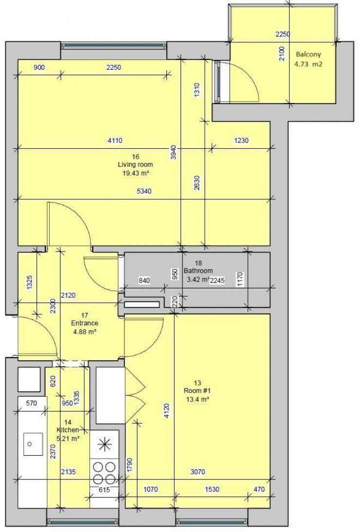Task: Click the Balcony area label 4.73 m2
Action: coord(308,63)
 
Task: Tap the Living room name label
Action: coord(135,165)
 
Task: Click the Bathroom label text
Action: coord(198,271)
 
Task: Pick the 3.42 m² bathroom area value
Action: coord(198,279)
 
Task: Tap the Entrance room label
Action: coord(85,323)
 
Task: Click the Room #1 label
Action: coord(197,391)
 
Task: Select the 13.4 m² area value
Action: coord(197,399)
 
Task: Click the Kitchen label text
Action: coord(68,430)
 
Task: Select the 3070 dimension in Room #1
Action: coord(198,471)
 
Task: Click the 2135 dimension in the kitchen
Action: coord(70,471)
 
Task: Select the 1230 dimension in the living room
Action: coord(242,141)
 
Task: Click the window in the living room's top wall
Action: coord(114,46)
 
